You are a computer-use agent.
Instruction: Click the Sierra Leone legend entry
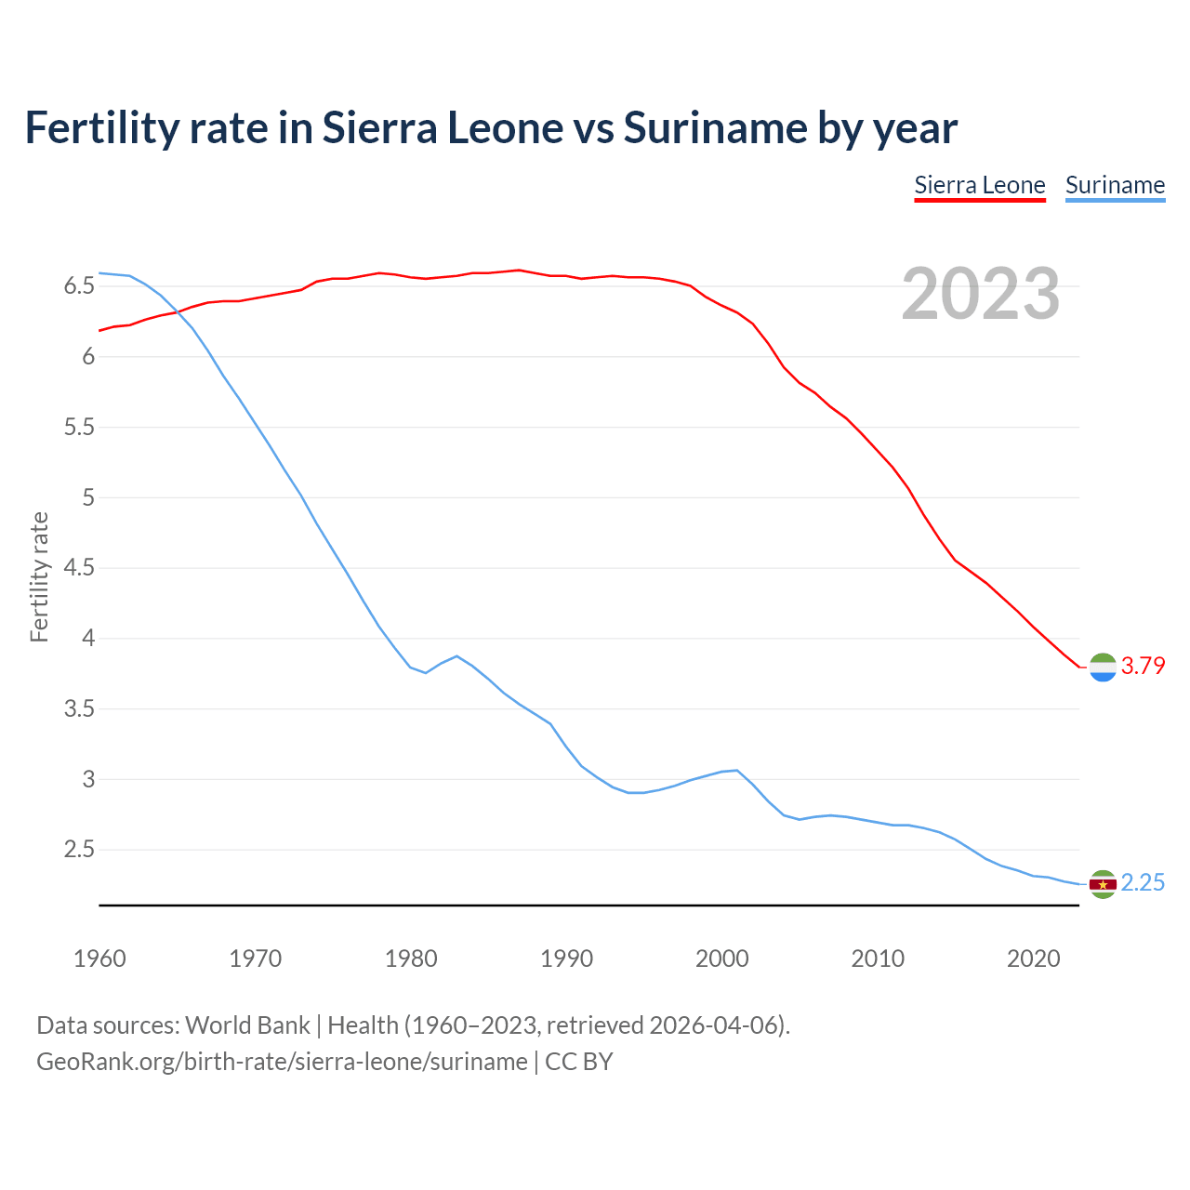tap(980, 185)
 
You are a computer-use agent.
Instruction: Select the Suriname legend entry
tap(1115, 185)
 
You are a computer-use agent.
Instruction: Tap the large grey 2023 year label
tap(981, 294)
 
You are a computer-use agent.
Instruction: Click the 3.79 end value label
tap(1143, 666)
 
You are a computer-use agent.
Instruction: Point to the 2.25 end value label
tap(1143, 882)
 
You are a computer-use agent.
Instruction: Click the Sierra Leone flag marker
tap(1103, 668)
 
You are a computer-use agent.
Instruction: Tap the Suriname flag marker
tap(1103, 884)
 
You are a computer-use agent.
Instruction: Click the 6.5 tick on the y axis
tap(80, 286)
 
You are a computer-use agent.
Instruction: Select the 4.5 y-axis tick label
tap(80, 568)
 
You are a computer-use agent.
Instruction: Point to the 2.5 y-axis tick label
tap(80, 850)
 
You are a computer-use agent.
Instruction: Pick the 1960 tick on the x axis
tap(99, 959)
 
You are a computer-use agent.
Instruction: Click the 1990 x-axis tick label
tap(566, 959)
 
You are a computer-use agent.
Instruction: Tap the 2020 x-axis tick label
tap(1033, 959)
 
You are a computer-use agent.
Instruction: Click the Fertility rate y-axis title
tap(39, 576)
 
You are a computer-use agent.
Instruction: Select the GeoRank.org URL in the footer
tap(282, 1062)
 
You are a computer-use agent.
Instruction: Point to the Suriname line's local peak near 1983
tap(456, 656)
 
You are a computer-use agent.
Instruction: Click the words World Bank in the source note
tap(247, 1025)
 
